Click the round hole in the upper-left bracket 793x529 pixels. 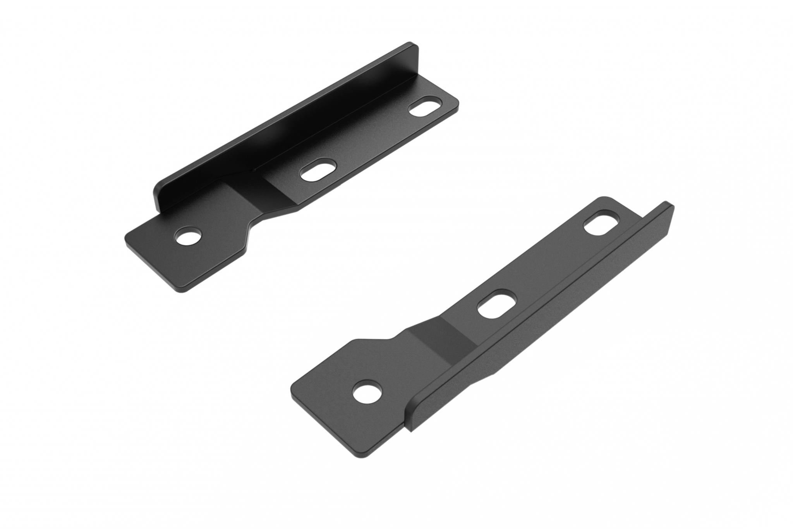pyautogui.click(x=189, y=236)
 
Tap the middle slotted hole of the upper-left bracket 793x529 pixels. pyautogui.click(x=319, y=169)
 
